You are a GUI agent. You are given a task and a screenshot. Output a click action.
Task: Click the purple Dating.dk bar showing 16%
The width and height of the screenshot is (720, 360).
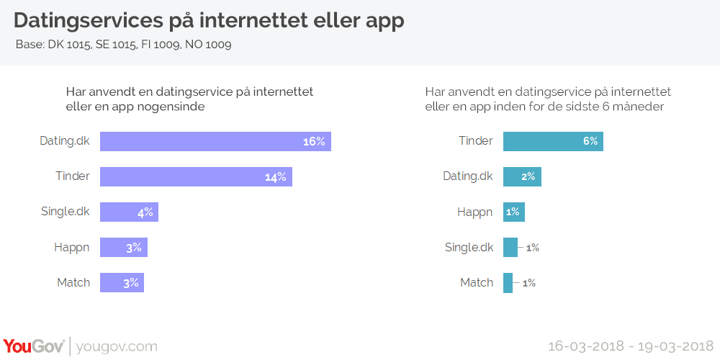(x=215, y=142)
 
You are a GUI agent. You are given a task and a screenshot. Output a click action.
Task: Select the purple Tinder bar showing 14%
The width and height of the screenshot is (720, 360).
(x=196, y=177)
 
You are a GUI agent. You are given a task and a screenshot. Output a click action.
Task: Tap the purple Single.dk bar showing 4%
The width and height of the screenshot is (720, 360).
(x=129, y=212)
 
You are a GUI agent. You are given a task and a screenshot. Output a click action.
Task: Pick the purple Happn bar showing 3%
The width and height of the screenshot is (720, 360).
(x=123, y=248)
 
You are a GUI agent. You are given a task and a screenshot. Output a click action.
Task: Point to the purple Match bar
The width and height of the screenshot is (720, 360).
(x=122, y=283)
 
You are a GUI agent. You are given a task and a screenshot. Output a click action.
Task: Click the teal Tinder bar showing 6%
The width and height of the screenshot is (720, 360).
(x=552, y=142)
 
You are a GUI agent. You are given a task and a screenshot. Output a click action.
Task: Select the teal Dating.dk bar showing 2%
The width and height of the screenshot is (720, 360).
(x=522, y=177)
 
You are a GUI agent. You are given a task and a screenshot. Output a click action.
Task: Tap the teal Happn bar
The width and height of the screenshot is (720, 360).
(x=513, y=212)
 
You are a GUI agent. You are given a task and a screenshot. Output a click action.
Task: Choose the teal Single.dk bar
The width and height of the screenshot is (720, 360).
(x=510, y=248)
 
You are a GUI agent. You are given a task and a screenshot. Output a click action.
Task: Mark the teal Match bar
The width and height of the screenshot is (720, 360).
(x=508, y=283)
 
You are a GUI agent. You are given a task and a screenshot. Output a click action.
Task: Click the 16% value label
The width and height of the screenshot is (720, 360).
(x=314, y=142)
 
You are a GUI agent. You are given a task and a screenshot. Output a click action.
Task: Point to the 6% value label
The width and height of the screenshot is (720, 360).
(x=590, y=142)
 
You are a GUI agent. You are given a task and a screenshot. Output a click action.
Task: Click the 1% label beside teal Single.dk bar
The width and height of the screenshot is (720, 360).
(x=532, y=248)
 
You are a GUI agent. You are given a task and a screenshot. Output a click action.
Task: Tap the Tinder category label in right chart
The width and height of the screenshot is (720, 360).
(x=476, y=141)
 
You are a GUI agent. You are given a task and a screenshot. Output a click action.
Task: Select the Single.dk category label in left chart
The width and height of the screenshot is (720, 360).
(x=66, y=212)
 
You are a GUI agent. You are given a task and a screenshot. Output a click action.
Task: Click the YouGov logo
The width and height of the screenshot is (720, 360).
(x=34, y=346)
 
